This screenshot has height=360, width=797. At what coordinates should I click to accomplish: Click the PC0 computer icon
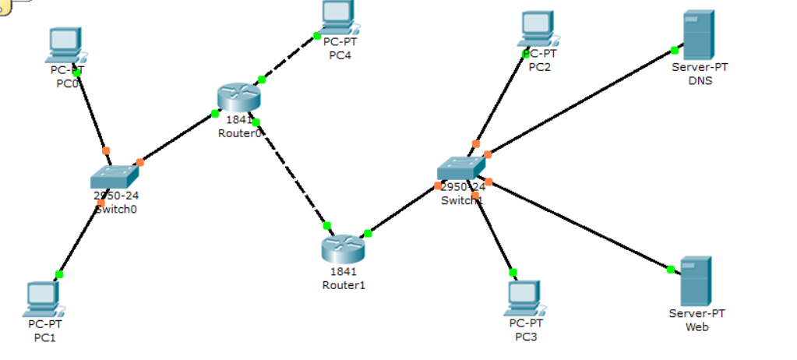pyautogui.click(x=65, y=44)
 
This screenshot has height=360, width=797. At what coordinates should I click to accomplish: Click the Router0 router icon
pyautogui.click(x=238, y=97)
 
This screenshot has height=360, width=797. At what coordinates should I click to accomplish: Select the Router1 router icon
pyautogui.click(x=343, y=248)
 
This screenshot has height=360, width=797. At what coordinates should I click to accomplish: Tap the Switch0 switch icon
pyautogui.click(x=115, y=178)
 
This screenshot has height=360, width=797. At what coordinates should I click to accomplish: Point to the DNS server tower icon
pyautogui.click(x=699, y=35)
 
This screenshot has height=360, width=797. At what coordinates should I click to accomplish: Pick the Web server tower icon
pyautogui.click(x=696, y=281)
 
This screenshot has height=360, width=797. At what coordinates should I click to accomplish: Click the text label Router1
pyautogui.click(x=344, y=285)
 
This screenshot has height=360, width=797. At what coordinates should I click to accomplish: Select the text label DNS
pyautogui.click(x=700, y=81)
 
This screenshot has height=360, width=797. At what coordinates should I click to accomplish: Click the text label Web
pyautogui.click(x=696, y=327)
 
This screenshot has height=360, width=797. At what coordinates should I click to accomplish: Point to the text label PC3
pyautogui.click(x=526, y=337)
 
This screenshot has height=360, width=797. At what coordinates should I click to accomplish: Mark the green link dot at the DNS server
pyautogui.click(x=675, y=51)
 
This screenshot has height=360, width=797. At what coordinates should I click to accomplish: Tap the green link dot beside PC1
pyautogui.click(x=59, y=274)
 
